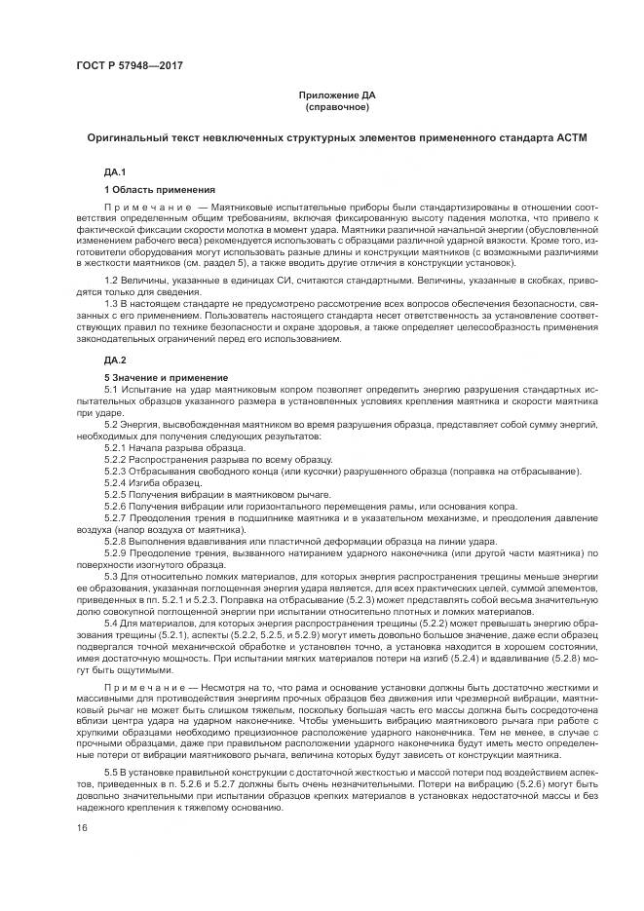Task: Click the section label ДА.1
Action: click(x=116, y=171)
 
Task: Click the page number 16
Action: click(x=83, y=827)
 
